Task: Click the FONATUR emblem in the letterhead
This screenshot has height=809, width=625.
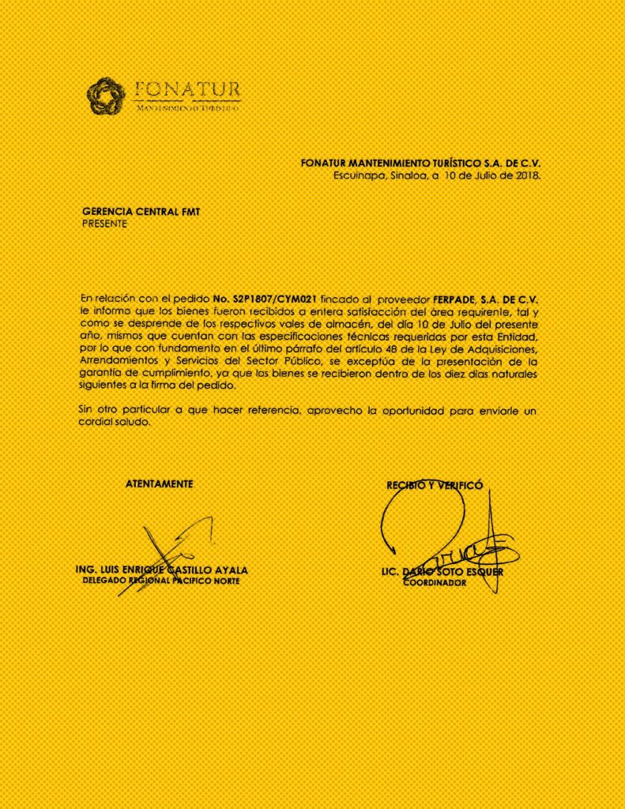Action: click(x=106, y=96)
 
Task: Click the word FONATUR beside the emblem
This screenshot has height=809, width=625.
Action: click(x=188, y=88)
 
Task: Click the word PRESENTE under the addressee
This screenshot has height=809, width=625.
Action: click(x=104, y=223)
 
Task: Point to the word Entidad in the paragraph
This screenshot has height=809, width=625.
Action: click(x=515, y=337)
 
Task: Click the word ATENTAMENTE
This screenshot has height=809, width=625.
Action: click(x=159, y=483)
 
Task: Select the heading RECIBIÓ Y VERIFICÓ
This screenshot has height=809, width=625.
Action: click(x=434, y=485)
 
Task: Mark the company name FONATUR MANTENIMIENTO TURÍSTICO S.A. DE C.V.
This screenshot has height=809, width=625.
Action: click(x=420, y=163)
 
